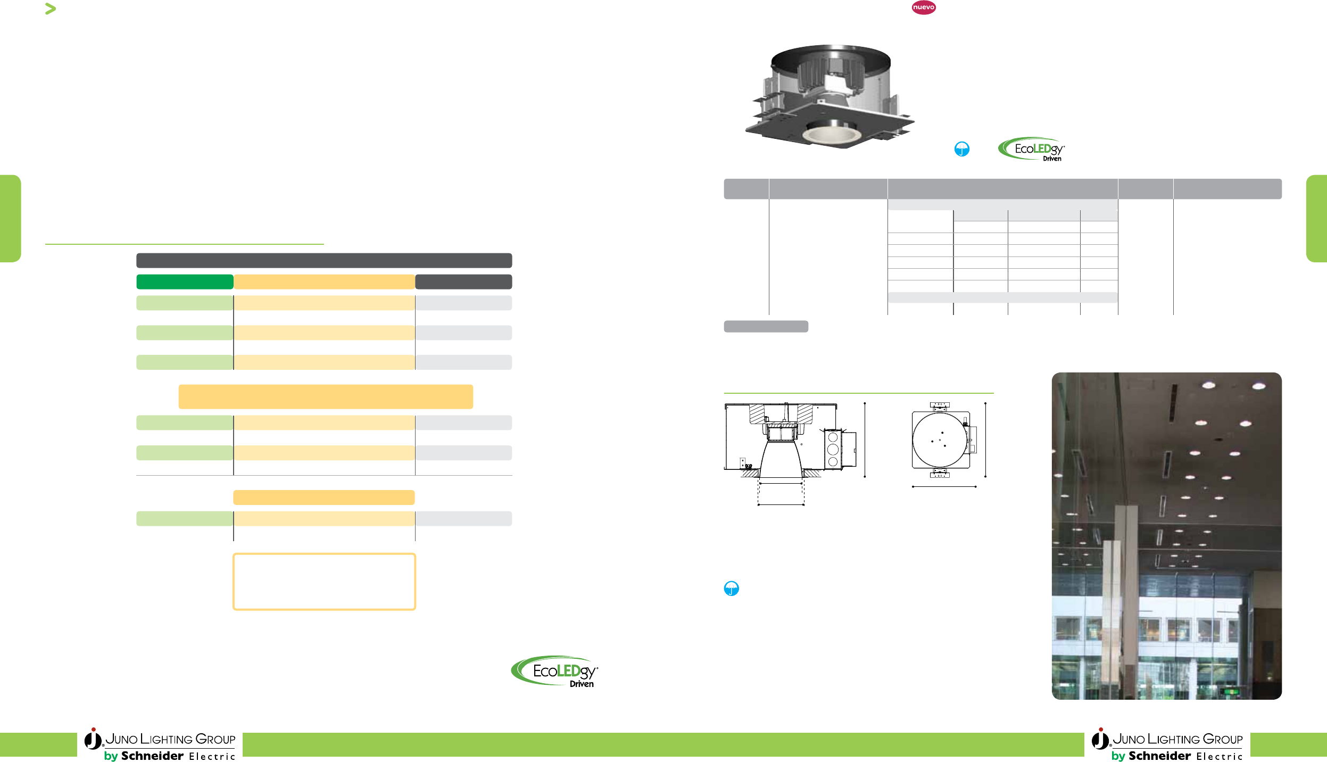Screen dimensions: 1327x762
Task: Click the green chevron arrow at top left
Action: click(51, 9)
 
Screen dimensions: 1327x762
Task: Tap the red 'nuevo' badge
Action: click(923, 7)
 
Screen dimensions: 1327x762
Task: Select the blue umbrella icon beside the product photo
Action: click(961, 149)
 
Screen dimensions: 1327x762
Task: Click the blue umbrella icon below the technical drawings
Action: click(732, 588)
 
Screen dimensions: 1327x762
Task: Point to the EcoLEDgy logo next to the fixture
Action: click(1032, 149)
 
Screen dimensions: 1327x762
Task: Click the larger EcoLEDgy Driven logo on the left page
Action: click(555, 672)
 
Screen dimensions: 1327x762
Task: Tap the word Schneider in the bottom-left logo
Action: click(152, 756)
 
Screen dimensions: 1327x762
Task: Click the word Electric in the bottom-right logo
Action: click(1219, 756)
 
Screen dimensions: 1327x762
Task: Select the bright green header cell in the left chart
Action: click(185, 281)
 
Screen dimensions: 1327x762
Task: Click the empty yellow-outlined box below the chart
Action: click(324, 582)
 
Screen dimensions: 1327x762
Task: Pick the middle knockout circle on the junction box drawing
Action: click(833, 450)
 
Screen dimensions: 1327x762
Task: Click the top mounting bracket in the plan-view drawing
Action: click(940, 406)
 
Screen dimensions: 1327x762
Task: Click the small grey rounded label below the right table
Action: click(766, 326)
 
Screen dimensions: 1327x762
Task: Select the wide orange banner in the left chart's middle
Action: click(325, 396)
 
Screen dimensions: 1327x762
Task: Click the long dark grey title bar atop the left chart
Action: click(324, 260)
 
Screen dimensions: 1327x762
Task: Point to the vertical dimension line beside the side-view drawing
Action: click(865, 440)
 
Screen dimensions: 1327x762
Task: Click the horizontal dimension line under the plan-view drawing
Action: click(944, 486)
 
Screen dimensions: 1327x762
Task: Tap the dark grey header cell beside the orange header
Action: click(463, 281)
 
